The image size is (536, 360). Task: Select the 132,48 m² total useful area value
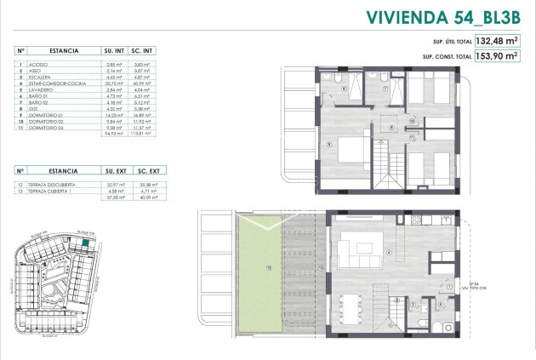[x=496, y=41]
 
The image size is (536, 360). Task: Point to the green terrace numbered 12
[x=268, y=266]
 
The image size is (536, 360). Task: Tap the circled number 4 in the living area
[x=389, y=252]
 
